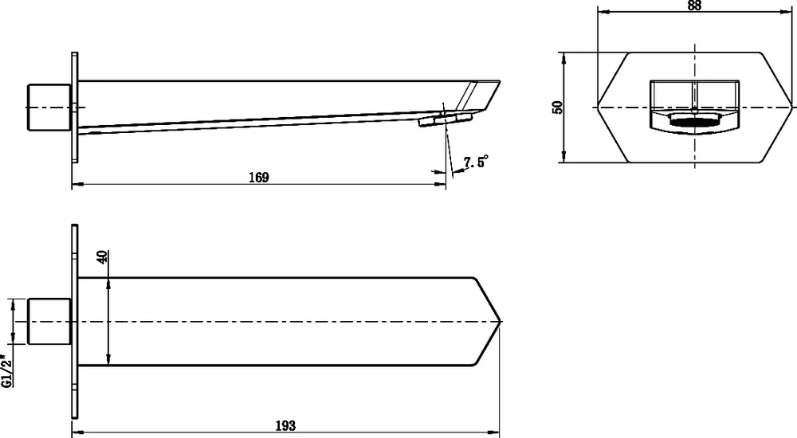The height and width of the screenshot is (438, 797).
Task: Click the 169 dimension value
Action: pyautogui.click(x=258, y=178)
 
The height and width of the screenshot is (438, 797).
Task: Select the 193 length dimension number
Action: pyautogui.click(x=285, y=426)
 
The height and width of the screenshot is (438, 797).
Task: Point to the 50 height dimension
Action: pyautogui.click(x=558, y=107)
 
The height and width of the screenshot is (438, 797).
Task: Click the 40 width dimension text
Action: pyautogui.click(x=101, y=257)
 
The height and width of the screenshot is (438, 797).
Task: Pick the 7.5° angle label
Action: pyautogui.click(x=475, y=162)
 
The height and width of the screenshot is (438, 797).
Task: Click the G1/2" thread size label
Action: pyautogui.click(x=6, y=370)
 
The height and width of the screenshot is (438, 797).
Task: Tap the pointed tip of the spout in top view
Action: pyautogui.click(x=499, y=322)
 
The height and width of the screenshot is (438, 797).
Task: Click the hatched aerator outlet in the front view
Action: pyautogui.click(x=695, y=122)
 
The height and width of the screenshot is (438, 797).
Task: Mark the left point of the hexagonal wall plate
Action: pyautogui.click(x=599, y=107)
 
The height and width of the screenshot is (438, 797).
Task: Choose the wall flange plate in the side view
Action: pyautogui.click(x=75, y=107)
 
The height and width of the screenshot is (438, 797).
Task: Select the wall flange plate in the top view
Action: pyautogui.click(x=74, y=322)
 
